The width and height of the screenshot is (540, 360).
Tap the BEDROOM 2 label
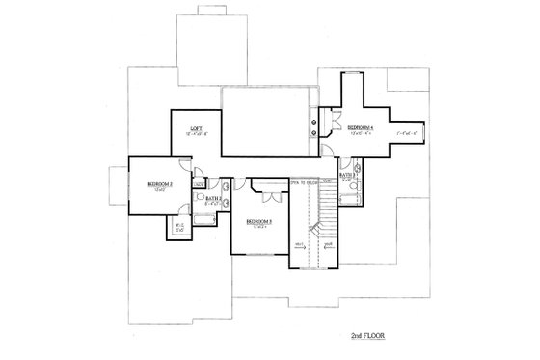[x=159, y=183]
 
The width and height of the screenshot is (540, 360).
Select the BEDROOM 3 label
[x=258, y=221]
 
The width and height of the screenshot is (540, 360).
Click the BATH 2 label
[x=214, y=198]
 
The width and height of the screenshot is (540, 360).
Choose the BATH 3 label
[x=346, y=175]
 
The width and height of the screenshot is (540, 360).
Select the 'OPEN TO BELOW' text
[x=304, y=180]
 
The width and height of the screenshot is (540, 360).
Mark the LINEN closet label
[x=199, y=182]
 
